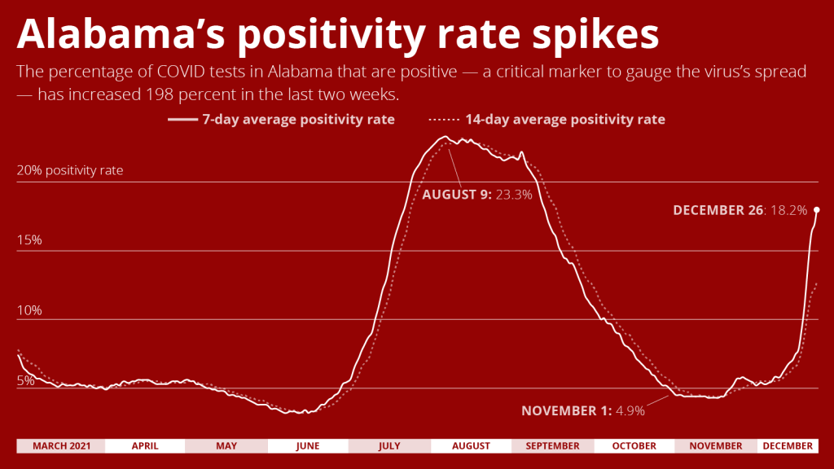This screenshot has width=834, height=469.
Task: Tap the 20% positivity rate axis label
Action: coord(70,171)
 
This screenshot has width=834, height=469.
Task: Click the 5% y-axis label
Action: coord(25,380)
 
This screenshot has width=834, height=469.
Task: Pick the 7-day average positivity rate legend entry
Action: coord(282,120)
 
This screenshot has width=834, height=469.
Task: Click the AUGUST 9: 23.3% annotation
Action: coord(476,195)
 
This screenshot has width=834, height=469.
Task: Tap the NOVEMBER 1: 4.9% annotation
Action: coord(583,410)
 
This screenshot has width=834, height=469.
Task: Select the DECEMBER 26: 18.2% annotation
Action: coord(740,210)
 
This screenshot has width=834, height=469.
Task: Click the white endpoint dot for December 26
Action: coord(816,210)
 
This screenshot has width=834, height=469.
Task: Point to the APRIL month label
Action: coord(145,446)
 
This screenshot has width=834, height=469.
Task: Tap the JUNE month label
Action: coord(308,446)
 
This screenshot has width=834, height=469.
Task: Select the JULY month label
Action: coord(389,446)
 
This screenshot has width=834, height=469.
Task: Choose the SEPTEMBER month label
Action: coord(552,446)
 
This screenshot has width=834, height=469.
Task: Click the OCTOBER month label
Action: coord(634,446)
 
